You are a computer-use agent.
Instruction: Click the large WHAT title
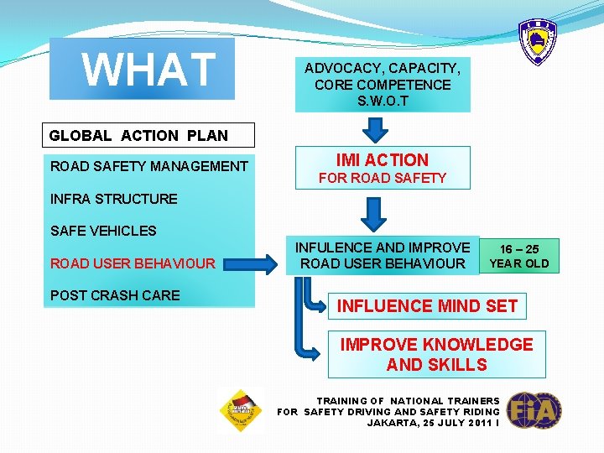click(x=148, y=70)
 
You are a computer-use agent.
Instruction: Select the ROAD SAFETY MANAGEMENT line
click(x=149, y=166)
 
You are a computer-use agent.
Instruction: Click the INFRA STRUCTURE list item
click(x=114, y=199)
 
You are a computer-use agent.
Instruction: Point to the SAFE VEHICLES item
click(x=103, y=231)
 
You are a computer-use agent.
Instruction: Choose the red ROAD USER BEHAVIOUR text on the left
click(x=133, y=263)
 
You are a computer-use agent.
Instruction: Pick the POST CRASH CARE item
click(x=115, y=295)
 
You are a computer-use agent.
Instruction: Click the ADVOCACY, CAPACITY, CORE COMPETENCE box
click(x=382, y=76)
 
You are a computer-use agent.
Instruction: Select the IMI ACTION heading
click(x=382, y=159)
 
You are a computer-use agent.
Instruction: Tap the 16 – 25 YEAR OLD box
click(x=519, y=256)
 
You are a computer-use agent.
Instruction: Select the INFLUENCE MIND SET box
click(x=427, y=306)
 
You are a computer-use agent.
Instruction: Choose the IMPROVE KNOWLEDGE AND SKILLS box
click(x=436, y=355)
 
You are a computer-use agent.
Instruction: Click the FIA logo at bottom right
click(x=534, y=411)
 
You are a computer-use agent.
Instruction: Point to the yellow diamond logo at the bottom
click(x=241, y=409)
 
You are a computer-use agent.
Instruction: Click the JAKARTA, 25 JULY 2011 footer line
click(x=432, y=423)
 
